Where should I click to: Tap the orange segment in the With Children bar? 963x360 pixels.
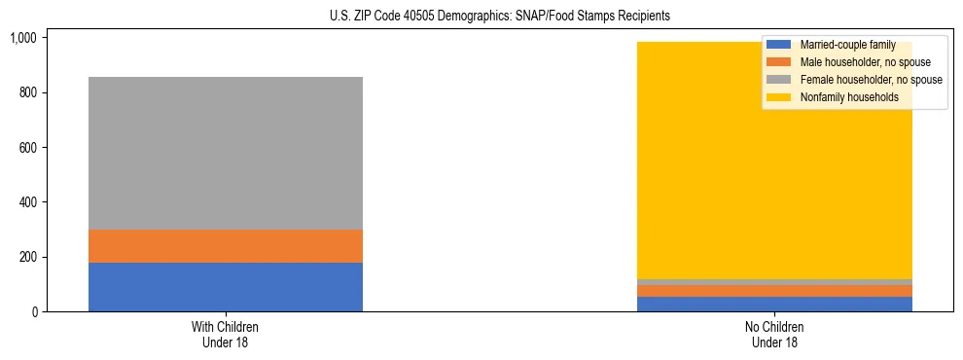point(226,246)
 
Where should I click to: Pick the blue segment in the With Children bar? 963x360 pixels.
point(226,287)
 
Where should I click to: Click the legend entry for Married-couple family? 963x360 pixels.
point(847,45)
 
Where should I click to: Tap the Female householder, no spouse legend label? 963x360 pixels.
point(872,80)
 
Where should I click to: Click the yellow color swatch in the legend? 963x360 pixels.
point(780,97)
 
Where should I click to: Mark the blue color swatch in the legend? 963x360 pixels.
point(780,45)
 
